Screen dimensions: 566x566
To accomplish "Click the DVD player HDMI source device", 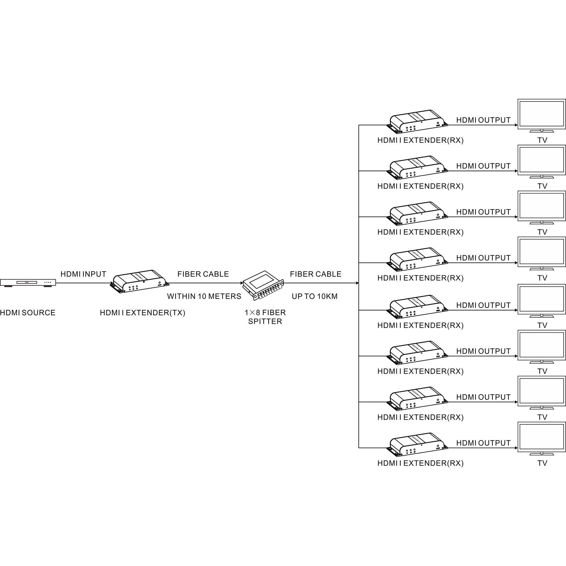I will click(x=28, y=283).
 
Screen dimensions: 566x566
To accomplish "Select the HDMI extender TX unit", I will click(x=140, y=282).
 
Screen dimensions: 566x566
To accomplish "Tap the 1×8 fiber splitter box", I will click(x=264, y=286).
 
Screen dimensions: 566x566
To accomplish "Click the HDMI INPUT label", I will click(x=83, y=274).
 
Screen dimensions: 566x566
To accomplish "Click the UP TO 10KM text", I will click(x=315, y=297).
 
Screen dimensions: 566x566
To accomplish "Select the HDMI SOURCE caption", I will click(x=27, y=313).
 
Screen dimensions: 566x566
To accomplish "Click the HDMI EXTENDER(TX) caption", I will click(x=142, y=313).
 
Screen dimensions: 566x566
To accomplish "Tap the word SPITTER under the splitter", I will click(x=265, y=322).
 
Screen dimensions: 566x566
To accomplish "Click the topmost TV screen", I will click(x=541, y=114).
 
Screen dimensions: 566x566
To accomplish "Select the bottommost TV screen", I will click(x=541, y=437).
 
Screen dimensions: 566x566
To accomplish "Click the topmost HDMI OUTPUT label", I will click(x=483, y=120).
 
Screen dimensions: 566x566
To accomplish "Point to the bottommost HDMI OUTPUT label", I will click(x=483, y=443).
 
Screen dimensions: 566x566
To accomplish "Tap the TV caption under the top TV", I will click(x=542, y=140).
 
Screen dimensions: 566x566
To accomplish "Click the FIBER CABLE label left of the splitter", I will click(x=203, y=274).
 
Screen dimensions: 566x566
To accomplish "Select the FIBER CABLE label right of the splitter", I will click(x=316, y=274).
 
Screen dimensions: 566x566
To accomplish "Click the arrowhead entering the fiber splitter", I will click(x=242, y=283).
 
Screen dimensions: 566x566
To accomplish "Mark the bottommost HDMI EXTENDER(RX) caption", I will click(x=421, y=463).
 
